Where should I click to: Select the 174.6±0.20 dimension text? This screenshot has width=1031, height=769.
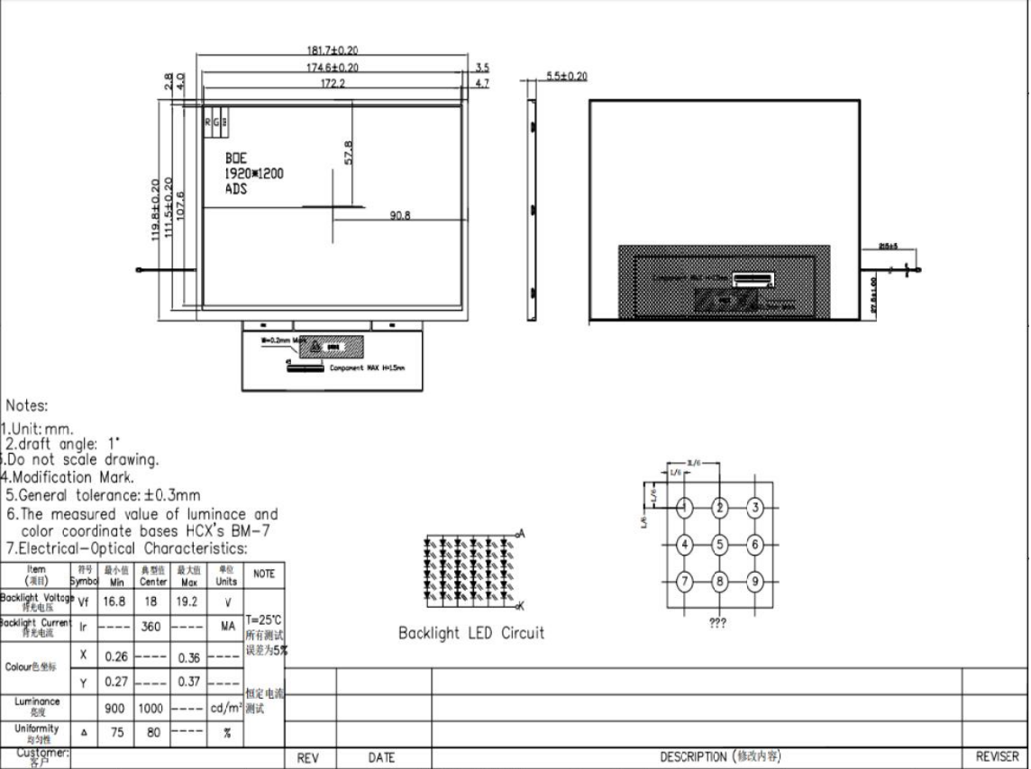click(x=333, y=68)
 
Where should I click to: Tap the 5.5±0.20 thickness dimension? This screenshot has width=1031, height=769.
click(x=567, y=77)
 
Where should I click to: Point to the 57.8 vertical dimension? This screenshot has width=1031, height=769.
click(x=349, y=153)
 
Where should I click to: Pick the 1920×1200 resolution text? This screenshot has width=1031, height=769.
click(x=254, y=174)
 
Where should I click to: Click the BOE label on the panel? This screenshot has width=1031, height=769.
click(x=236, y=158)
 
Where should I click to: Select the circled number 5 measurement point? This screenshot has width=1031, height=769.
click(x=720, y=544)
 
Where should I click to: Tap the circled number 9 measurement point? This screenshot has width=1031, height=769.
click(x=755, y=580)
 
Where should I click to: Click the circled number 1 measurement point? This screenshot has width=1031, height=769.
click(x=685, y=508)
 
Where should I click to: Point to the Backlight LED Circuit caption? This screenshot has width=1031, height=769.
click(x=471, y=633)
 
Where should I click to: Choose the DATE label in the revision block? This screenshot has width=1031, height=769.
click(x=382, y=758)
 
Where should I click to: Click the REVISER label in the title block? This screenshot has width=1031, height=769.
click(x=998, y=757)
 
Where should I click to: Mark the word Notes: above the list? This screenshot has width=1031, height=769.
click(x=27, y=407)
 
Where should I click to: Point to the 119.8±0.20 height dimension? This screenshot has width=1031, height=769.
click(x=156, y=209)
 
